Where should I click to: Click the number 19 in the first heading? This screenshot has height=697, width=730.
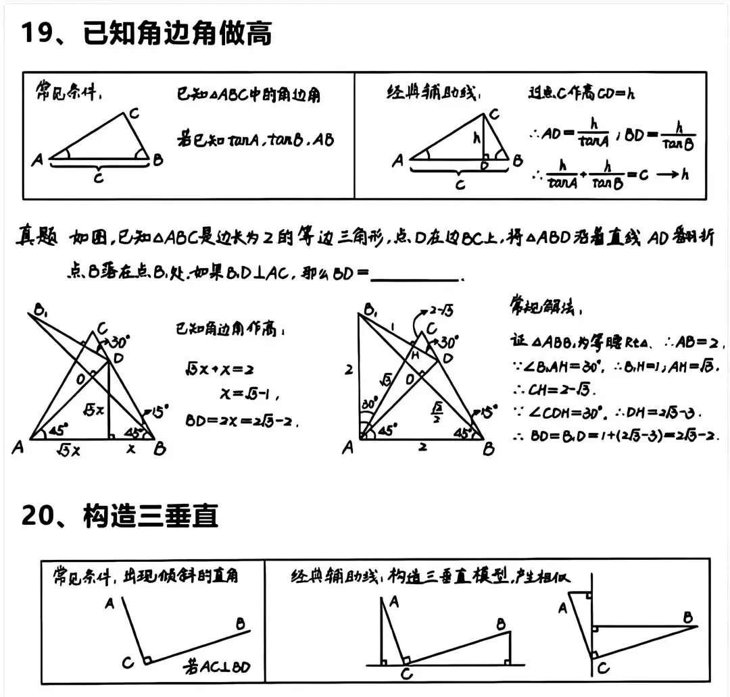click(36, 32)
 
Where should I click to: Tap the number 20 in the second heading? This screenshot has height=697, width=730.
click(36, 516)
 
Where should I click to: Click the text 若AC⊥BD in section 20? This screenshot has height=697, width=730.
click(216, 667)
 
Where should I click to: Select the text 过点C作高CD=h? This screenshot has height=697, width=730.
click(581, 93)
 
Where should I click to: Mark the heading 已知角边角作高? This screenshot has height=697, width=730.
click(230, 331)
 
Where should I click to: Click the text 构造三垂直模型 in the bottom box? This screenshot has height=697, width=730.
click(449, 576)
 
